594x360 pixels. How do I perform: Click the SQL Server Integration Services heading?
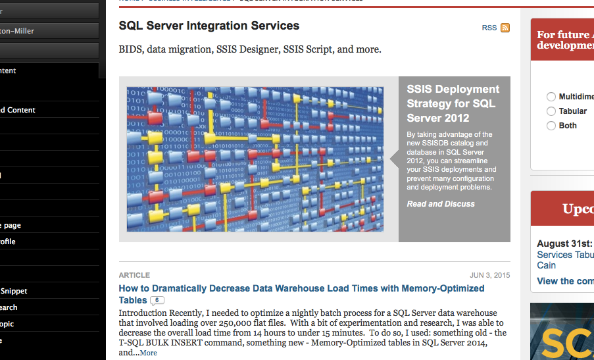(209, 26)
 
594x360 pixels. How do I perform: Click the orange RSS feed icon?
(505, 28)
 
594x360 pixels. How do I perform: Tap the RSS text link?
(489, 28)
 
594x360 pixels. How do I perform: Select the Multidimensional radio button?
(551, 97)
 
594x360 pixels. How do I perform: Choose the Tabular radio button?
(551, 111)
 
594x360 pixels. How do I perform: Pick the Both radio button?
(551, 126)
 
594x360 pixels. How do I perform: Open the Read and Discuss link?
(440, 204)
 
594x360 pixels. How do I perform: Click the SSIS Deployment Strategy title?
(453, 103)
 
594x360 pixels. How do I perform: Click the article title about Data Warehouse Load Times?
(301, 288)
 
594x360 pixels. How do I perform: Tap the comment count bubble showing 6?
(157, 301)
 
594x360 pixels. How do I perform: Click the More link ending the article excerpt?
(148, 353)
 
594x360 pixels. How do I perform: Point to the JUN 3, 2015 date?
(489, 275)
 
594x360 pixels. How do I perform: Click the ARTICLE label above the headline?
(134, 275)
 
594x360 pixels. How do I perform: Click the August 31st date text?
(564, 244)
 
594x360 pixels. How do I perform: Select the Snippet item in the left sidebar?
(14, 291)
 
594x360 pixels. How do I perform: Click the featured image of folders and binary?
(255, 159)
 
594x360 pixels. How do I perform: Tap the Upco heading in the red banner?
(578, 209)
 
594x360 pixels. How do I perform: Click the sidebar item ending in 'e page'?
(11, 225)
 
